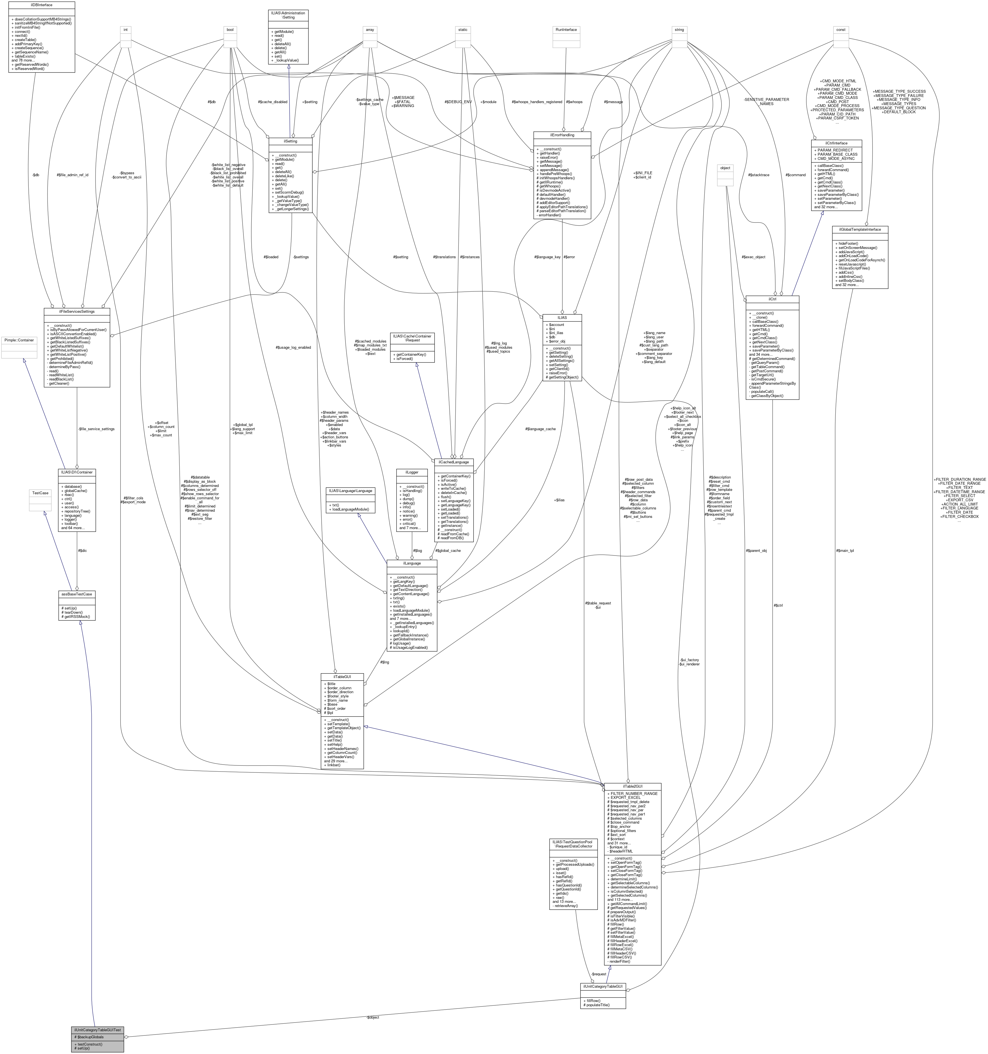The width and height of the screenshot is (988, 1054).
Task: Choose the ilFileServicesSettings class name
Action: click(x=77, y=311)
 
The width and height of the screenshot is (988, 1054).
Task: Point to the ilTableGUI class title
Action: click(x=342, y=677)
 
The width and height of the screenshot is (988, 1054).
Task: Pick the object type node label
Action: click(x=725, y=168)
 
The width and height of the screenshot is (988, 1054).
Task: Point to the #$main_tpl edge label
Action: click(x=845, y=550)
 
